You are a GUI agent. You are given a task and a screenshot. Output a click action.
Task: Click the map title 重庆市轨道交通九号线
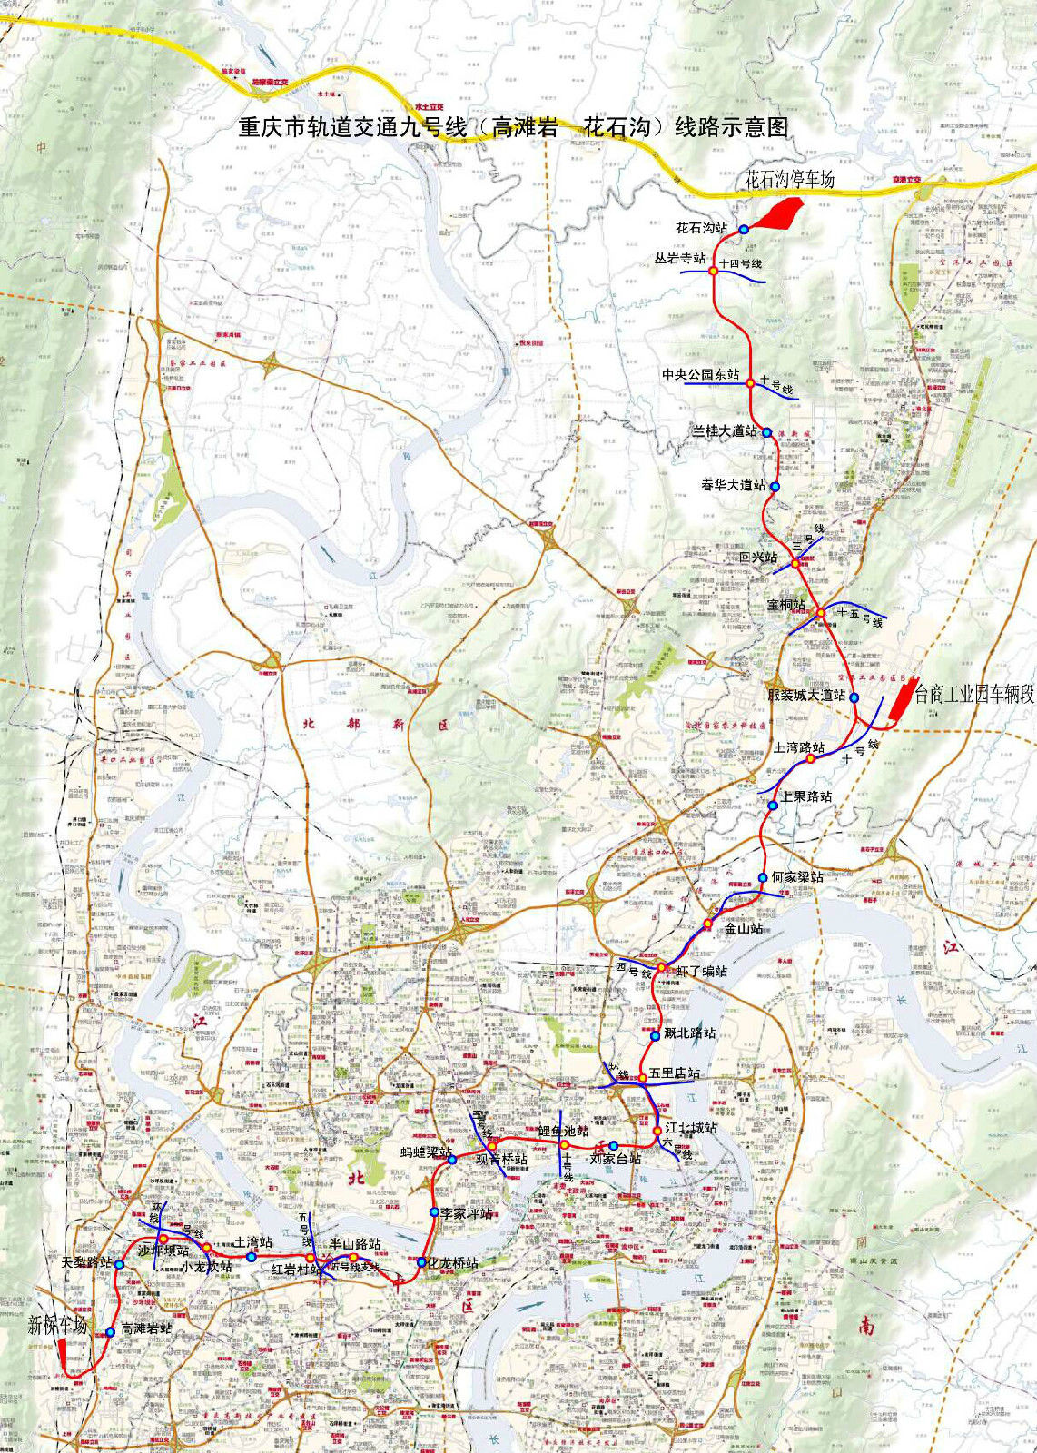coord(513,127)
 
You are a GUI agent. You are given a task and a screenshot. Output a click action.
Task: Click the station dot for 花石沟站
coord(743,230)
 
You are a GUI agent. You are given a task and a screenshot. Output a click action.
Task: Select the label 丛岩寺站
coord(679,259)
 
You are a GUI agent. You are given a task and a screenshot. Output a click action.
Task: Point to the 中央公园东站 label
coord(700,375)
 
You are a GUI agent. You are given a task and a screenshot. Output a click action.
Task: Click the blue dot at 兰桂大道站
coord(767,433)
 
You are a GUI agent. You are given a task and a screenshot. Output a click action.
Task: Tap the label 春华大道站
coord(733,486)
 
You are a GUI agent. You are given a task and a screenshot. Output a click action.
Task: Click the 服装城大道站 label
coord(806,696)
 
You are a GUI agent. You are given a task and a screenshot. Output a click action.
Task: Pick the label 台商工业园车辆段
coord(973,695)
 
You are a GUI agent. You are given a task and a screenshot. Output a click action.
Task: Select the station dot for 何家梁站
coord(763,877)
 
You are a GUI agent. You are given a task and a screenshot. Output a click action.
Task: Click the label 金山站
coord(744,929)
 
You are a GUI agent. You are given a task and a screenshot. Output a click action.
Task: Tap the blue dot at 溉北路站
coord(656,1035)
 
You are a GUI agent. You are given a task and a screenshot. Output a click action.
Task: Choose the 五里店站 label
coord(675,1073)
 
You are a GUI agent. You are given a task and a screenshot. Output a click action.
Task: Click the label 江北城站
coord(691,1128)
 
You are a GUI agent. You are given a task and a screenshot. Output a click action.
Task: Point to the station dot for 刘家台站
coord(614,1145)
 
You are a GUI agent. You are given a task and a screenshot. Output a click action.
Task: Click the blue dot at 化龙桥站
coord(421,1262)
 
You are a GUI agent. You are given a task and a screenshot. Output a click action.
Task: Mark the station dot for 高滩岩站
coord(110,1332)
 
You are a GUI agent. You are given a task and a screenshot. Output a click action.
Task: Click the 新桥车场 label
coord(57,1325)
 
